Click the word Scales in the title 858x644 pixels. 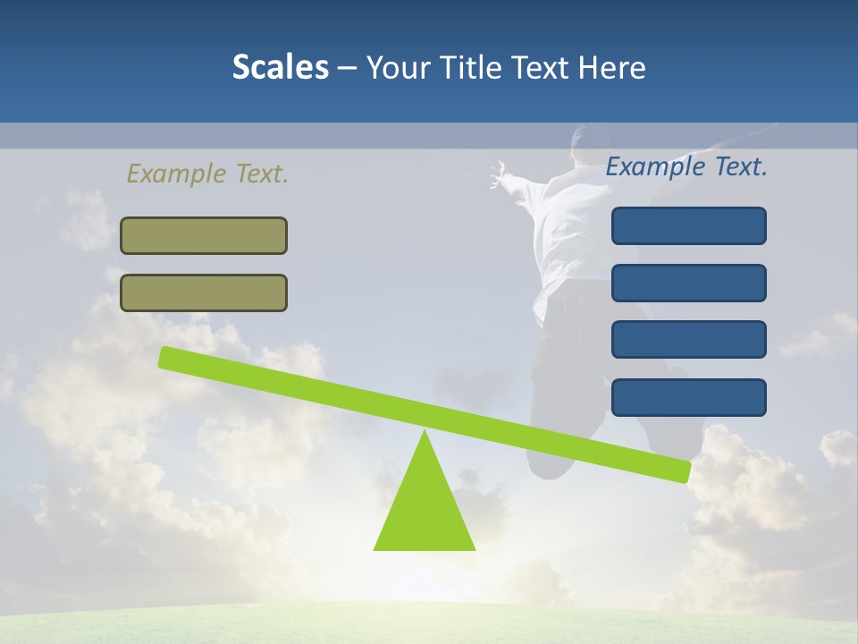coord(280,68)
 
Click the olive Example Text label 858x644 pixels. coord(207,174)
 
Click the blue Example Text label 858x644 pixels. coord(686,166)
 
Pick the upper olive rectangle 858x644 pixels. coord(204,235)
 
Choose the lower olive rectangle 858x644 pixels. coord(204,292)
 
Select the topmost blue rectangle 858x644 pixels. coord(689,225)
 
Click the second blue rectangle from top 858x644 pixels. coord(689,283)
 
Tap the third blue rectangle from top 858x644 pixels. coord(689,340)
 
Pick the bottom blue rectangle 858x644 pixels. coord(689,397)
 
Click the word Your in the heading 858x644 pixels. coord(396,68)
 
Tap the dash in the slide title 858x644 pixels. coord(347,69)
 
